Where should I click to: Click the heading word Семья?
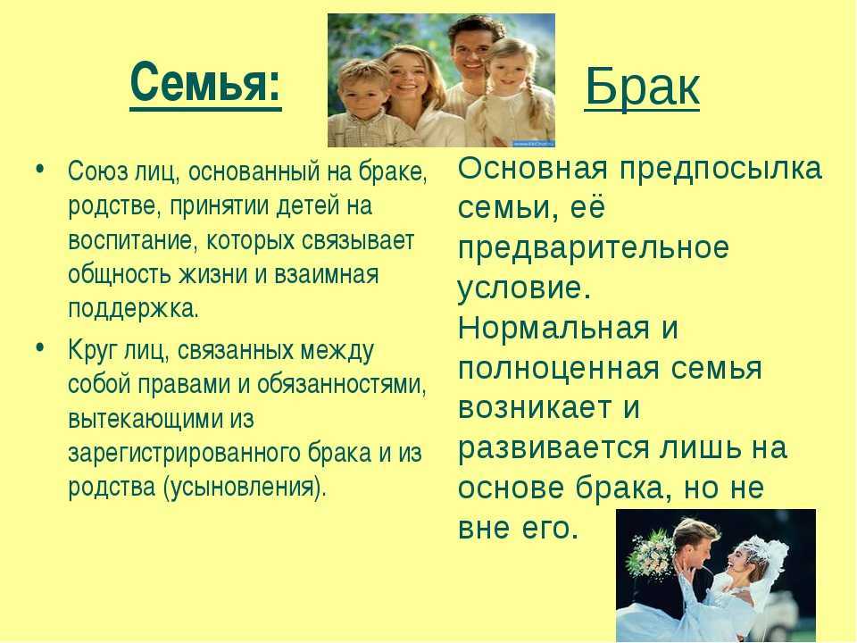[x=205, y=82]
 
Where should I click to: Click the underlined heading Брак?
[x=642, y=88]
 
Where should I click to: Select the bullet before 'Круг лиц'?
[x=38, y=347]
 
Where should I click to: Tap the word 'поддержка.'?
[x=133, y=309]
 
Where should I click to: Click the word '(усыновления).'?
[x=245, y=488]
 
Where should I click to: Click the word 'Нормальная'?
[x=553, y=329]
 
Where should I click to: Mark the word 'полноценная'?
[x=559, y=369]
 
